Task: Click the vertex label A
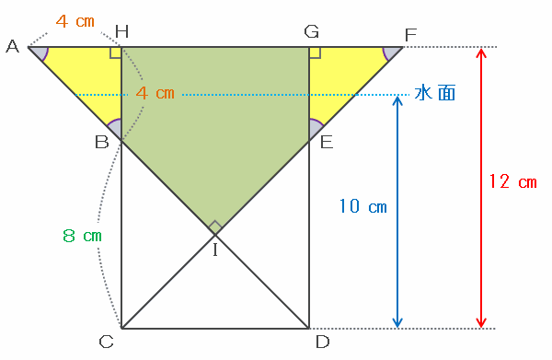point(13,46)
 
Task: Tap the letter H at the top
point(121,31)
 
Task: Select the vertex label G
point(312,31)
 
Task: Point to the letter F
point(410,35)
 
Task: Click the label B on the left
point(102,143)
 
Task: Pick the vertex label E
point(327,143)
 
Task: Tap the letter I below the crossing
point(215,250)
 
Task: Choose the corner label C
point(107,342)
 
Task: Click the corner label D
point(323,342)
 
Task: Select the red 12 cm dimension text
point(513,181)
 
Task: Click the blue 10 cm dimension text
point(363,205)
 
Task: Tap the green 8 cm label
point(83,236)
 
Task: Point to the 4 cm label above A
point(75,21)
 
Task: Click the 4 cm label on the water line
point(155,93)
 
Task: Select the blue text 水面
point(435,93)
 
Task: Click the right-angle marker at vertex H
point(116,52)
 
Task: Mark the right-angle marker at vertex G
point(315,52)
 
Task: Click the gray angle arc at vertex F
point(391,53)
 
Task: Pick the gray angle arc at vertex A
point(39,53)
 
